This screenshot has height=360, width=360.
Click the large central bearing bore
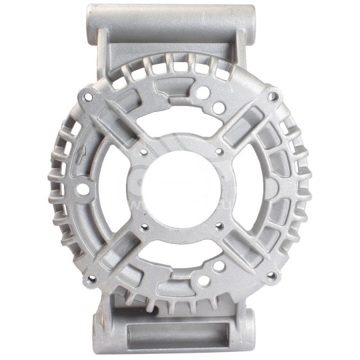coord(180,189)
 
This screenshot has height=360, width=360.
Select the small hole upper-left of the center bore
coord(143,152)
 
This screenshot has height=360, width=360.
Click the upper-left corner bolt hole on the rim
coord(85,95)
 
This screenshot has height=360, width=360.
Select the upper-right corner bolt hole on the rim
coord(272,97)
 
